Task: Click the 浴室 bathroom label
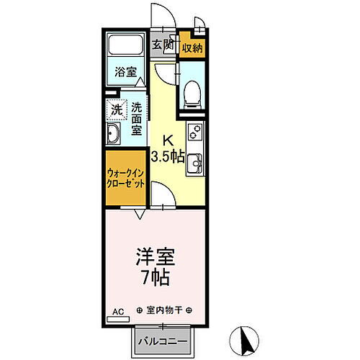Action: [x=125, y=71]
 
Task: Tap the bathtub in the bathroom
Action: [x=125, y=50]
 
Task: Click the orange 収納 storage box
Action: [x=192, y=48]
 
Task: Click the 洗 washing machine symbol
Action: [x=117, y=109]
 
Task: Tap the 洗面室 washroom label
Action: [x=137, y=115]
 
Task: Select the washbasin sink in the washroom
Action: [x=115, y=135]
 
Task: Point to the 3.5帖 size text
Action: [x=168, y=156]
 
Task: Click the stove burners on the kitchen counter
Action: [x=194, y=133]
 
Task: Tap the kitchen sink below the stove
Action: [x=194, y=166]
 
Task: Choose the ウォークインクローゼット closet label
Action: [x=125, y=178]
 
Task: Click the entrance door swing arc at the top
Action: [x=160, y=16]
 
